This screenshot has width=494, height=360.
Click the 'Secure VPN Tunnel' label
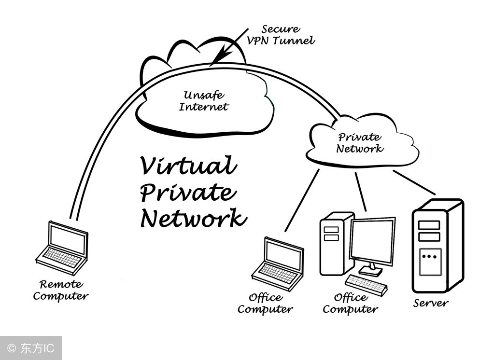pos(281,35)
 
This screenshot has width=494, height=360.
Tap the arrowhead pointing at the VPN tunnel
pos(216,59)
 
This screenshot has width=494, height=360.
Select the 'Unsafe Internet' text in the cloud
pos(203,101)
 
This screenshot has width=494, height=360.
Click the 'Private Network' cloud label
pos(360,143)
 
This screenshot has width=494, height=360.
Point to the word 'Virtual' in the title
pos(188,166)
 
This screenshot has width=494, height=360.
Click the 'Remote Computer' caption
pos(61,290)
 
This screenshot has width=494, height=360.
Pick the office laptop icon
pos(278,263)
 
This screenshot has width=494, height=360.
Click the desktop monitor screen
pos(372,240)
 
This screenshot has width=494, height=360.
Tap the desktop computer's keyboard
pos(366,285)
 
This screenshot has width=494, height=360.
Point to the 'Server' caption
pos(431,304)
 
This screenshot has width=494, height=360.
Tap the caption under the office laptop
pos(265,304)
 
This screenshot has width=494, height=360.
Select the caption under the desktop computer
pos(350,304)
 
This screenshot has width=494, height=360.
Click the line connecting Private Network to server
pos(414,182)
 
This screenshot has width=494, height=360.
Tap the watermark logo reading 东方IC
pos(31,348)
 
